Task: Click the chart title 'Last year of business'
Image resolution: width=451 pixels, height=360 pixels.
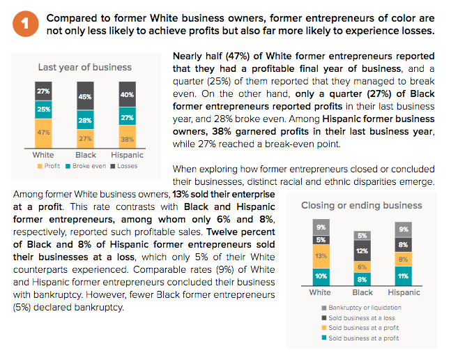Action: coord(85,68)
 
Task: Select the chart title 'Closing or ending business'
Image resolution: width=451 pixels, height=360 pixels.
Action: coord(361,205)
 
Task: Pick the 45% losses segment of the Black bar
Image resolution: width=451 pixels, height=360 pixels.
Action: coord(85,96)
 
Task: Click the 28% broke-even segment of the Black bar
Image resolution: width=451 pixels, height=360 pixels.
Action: coord(85,121)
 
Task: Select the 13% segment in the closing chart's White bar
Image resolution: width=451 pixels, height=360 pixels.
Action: coord(320,255)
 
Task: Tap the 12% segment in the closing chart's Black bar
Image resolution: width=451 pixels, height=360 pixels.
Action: coord(362,250)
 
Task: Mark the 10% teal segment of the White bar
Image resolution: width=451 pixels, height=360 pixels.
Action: coord(320,276)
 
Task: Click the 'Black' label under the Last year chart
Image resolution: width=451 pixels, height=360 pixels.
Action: coord(85,154)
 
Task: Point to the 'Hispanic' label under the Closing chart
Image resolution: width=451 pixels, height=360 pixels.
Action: coord(404,292)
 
